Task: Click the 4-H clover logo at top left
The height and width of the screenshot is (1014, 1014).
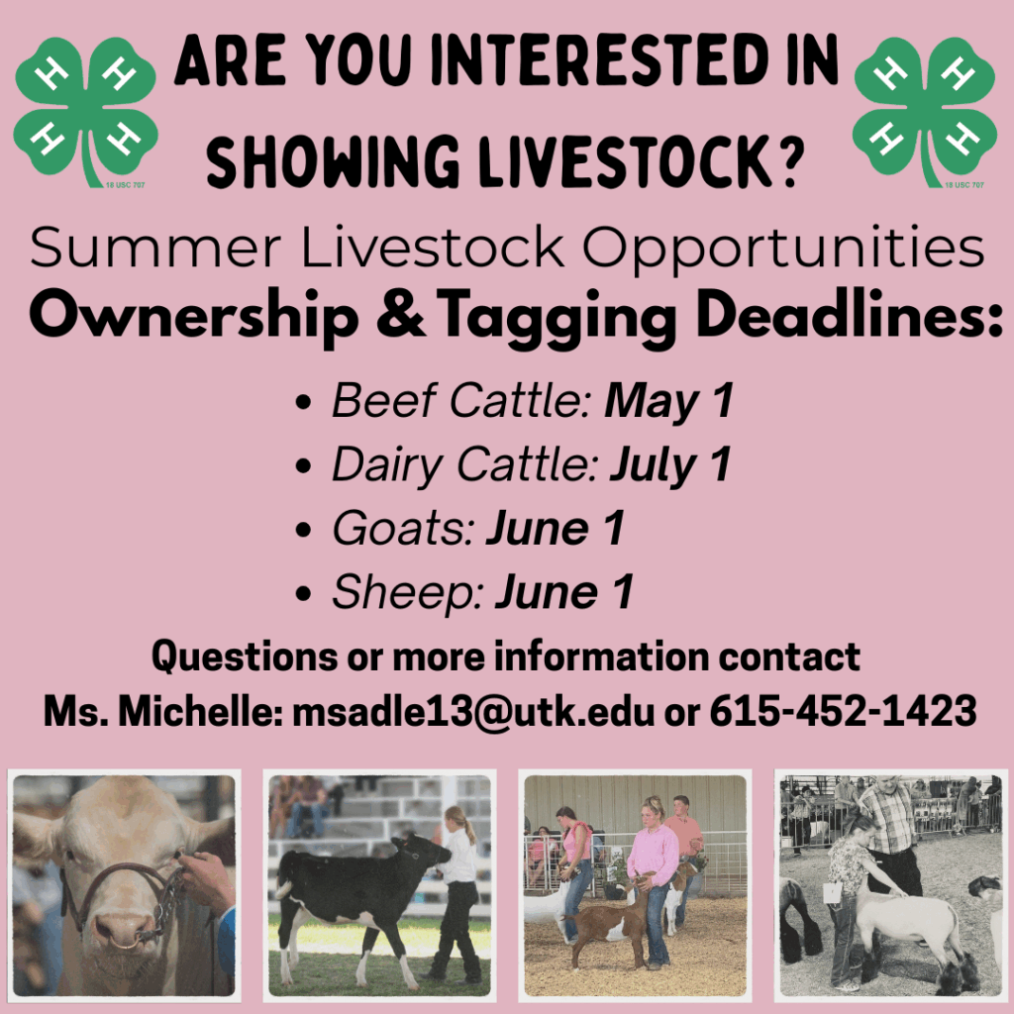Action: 85,109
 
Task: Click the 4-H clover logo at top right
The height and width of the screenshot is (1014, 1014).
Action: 925,109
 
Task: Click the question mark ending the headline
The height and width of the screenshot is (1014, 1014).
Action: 788,157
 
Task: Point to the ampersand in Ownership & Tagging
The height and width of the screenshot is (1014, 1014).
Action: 400,316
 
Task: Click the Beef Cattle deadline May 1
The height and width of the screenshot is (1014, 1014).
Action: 669,401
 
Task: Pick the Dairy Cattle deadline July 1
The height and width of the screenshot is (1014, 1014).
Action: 670,465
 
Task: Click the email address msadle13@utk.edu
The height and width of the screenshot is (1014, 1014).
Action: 474,711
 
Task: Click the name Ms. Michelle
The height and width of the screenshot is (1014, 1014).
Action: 159,711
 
